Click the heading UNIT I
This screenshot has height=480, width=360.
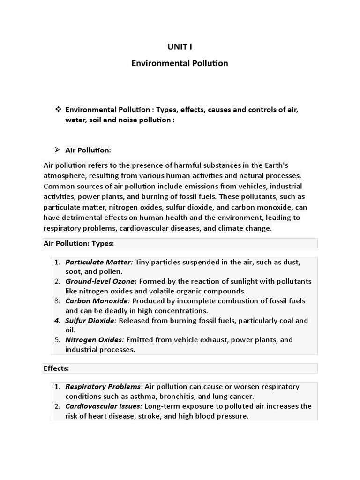tap(180, 46)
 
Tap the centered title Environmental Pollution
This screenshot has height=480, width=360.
tap(180, 63)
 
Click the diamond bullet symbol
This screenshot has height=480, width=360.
tap(58, 109)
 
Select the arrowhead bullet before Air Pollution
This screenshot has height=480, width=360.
tap(57, 150)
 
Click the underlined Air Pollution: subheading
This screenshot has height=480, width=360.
tap(88, 150)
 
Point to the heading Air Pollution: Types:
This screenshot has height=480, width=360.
tap(79, 243)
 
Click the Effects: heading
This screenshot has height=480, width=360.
tap(56, 368)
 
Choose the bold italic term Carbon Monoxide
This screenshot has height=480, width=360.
tap(96, 301)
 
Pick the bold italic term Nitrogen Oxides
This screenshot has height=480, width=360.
tap(94, 340)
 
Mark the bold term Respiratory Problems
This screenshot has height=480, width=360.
tap(103, 387)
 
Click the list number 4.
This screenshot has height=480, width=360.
tap(57, 321)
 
